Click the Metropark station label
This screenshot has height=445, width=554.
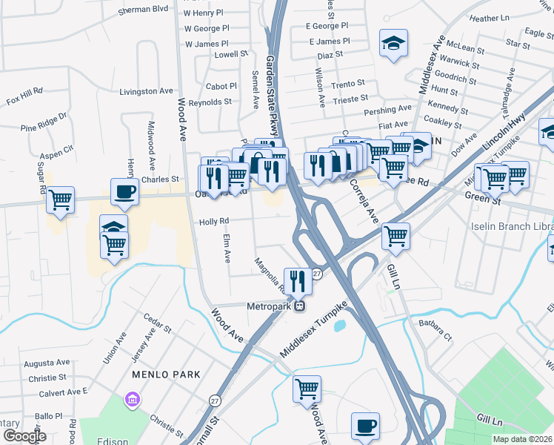click(269, 306)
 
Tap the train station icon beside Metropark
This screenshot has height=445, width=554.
click(300, 306)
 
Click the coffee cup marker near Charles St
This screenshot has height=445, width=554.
click(124, 191)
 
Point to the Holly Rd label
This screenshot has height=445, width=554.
click(213, 221)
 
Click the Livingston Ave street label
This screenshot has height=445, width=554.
click(146, 91)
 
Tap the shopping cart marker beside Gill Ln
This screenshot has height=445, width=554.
click(396, 237)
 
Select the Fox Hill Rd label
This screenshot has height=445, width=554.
click(25, 99)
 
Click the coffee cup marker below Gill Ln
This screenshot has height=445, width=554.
click(365, 426)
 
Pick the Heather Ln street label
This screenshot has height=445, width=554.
click(505, 18)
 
